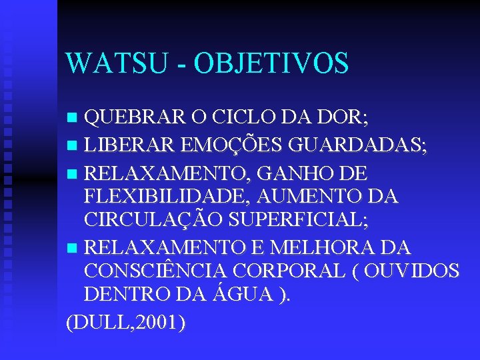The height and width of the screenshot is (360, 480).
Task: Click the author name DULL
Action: coord(99,323)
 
